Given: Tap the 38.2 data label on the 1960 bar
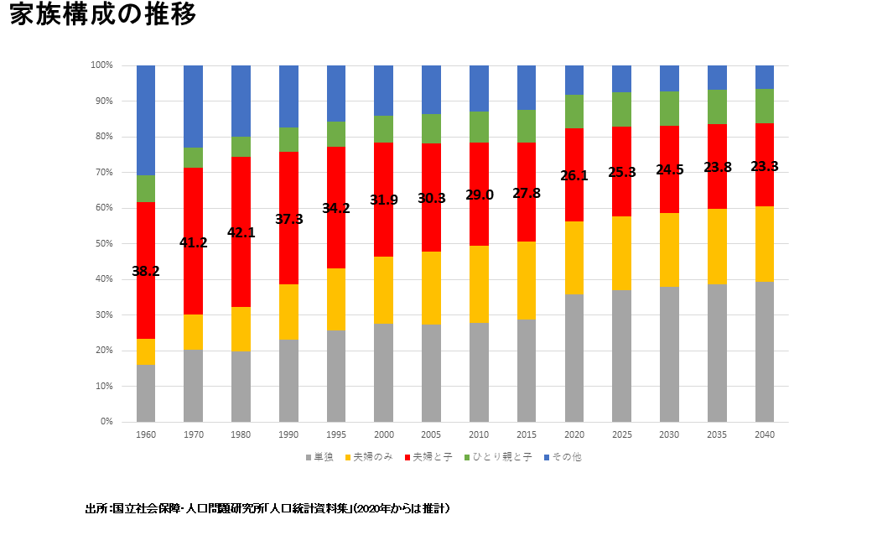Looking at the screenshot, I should coord(146,271).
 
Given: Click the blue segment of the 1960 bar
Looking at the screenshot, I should coord(146,120).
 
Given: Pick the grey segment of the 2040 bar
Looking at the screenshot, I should coord(764,351).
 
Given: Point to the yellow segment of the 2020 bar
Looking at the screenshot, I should coord(574,258).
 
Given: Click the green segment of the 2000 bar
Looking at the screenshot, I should coord(383,129).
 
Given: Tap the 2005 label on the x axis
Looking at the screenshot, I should coord(431,434).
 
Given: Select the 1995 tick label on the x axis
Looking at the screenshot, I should coord(335,434).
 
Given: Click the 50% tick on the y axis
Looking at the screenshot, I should coord(102,243).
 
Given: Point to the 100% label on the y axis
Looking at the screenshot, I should coord(101,65).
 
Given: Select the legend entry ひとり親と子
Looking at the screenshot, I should coord(501,457).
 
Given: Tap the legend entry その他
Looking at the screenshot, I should coord(566,457).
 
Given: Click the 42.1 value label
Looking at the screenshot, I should coord(241,232).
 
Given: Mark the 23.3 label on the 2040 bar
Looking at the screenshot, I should coord(764,166).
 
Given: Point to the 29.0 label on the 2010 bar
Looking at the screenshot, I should coord(479,195).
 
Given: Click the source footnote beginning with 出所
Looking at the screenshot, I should coord(268,508).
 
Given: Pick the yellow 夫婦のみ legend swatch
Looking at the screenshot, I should coord(346,457).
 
